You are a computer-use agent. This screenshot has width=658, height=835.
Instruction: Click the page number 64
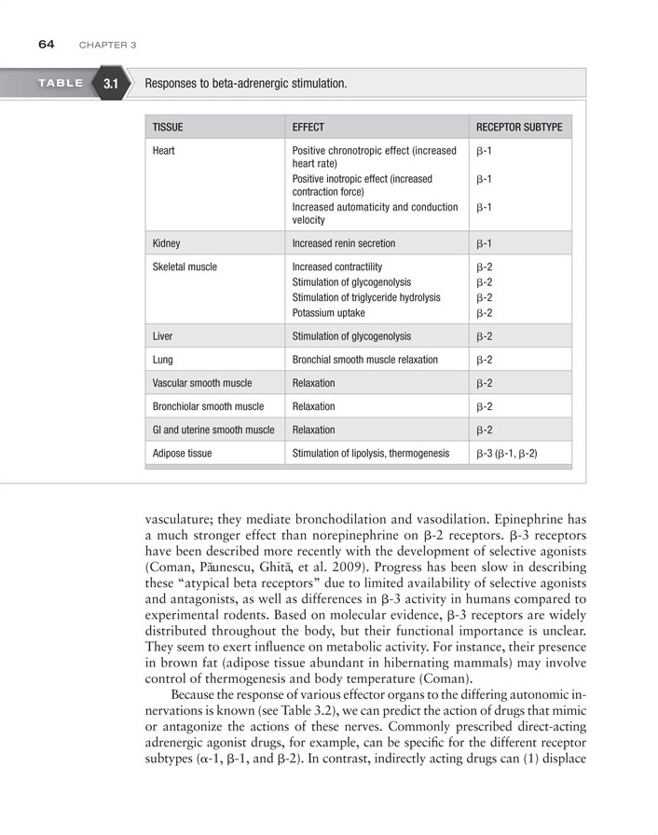click(x=47, y=44)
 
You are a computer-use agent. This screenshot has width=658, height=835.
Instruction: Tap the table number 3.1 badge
click(x=111, y=84)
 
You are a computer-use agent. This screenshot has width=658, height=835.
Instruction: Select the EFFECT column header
click(x=308, y=127)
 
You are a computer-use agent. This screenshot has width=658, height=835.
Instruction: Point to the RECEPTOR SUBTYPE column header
click(x=518, y=127)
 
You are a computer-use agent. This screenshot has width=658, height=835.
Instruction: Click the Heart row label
click(x=165, y=150)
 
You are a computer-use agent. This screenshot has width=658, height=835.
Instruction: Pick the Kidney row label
click(x=168, y=243)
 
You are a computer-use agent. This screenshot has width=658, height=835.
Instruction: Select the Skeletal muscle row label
click(x=185, y=267)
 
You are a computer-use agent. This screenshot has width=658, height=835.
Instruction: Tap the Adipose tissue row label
click(x=182, y=454)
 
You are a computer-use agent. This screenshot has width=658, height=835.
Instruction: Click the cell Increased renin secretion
click(x=343, y=243)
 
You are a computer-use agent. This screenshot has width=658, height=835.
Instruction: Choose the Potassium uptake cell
click(x=328, y=313)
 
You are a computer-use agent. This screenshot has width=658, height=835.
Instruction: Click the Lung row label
click(x=163, y=359)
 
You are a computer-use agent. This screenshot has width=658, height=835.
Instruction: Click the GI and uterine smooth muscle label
click(x=213, y=430)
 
